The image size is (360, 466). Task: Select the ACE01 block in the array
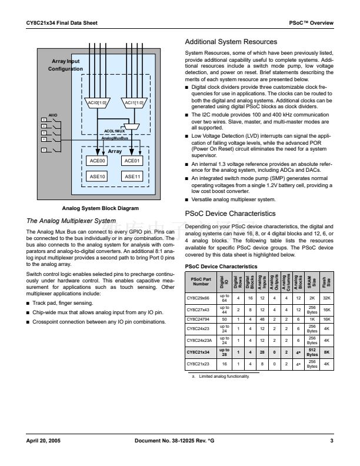(x=132, y=161)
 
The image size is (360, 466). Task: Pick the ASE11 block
(x=132, y=176)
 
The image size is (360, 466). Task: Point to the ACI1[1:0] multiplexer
(x=132, y=103)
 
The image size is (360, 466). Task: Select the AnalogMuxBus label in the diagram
(x=115, y=138)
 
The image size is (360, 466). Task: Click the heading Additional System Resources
(x=231, y=42)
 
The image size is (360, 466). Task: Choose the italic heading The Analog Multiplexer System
(x=72, y=221)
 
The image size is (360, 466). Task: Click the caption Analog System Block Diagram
(x=100, y=208)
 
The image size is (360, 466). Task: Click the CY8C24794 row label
(x=199, y=319)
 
